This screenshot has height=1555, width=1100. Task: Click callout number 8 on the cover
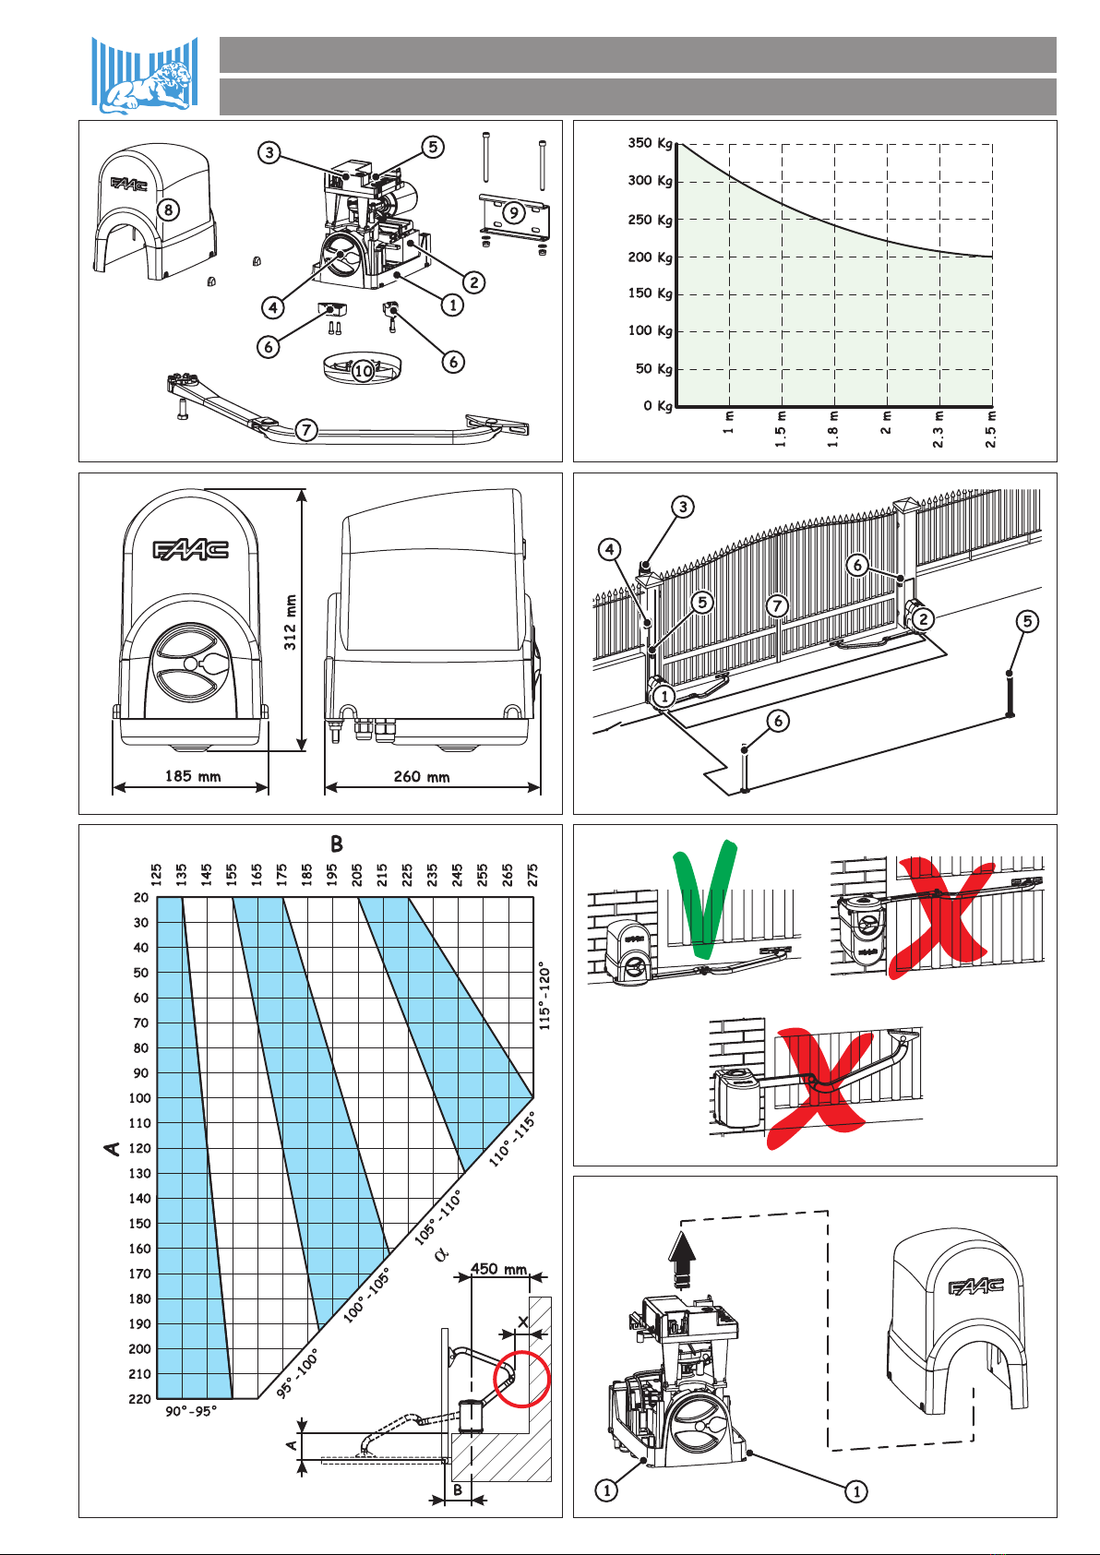tap(168, 209)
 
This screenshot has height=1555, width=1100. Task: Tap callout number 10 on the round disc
tap(364, 371)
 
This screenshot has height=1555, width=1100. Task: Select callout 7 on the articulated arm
tap(306, 430)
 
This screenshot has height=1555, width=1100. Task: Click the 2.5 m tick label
tap(991, 430)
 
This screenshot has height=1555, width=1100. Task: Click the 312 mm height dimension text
tap(290, 622)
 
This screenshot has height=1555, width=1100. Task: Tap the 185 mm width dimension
tap(193, 776)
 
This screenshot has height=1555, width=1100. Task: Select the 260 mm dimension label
tap(422, 776)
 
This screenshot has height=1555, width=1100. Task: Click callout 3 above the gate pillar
tap(682, 507)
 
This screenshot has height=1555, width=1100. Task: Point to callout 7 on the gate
tap(778, 605)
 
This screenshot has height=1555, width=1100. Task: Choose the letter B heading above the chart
tap(337, 844)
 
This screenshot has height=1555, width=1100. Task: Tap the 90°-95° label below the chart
tap(191, 1411)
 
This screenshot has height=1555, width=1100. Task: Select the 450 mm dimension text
tap(498, 1269)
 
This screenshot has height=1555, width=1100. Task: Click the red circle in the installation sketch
tap(522, 1379)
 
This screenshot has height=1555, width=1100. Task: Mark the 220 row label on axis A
tap(140, 1398)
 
